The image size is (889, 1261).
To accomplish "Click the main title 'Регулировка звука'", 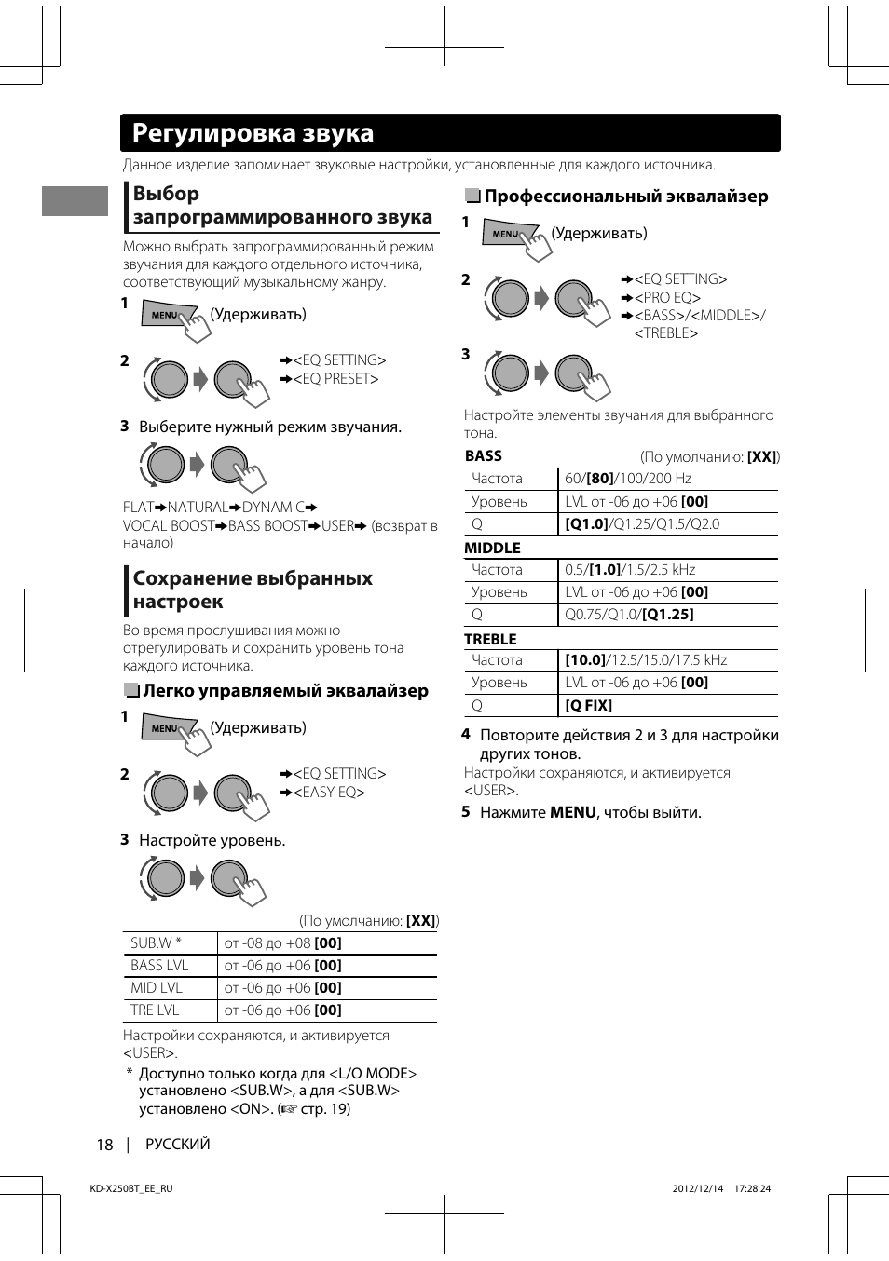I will click(253, 133).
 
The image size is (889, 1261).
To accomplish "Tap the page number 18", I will click(104, 1145).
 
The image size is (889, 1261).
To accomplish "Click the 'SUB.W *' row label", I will click(156, 943).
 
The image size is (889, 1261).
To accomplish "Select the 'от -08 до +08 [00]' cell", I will click(282, 943).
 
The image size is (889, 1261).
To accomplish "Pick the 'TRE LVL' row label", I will click(155, 1010).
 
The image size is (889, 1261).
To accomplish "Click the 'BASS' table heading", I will click(483, 456).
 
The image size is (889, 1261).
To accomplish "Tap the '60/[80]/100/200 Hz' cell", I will click(628, 479).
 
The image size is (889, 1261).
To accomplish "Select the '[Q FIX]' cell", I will click(588, 706).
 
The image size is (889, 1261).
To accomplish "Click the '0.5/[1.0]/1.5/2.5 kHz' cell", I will click(630, 570).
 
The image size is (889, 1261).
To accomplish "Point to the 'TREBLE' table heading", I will click(490, 640).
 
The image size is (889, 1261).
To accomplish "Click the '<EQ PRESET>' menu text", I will click(335, 379).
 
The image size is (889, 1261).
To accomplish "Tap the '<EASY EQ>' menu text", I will click(329, 793).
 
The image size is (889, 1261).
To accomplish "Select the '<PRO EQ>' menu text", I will click(667, 298).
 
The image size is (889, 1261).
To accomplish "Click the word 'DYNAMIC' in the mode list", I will click(273, 508).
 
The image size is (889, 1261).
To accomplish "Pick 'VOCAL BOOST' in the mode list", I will click(169, 526).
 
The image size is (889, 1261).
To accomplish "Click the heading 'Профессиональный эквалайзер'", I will click(625, 197).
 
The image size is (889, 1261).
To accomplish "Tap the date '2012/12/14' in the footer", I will click(697, 1188).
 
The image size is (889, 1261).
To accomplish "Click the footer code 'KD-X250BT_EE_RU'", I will click(130, 1188).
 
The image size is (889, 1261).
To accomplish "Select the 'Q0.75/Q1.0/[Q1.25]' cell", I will click(629, 615).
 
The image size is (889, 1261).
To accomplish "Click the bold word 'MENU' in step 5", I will click(572, 813).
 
